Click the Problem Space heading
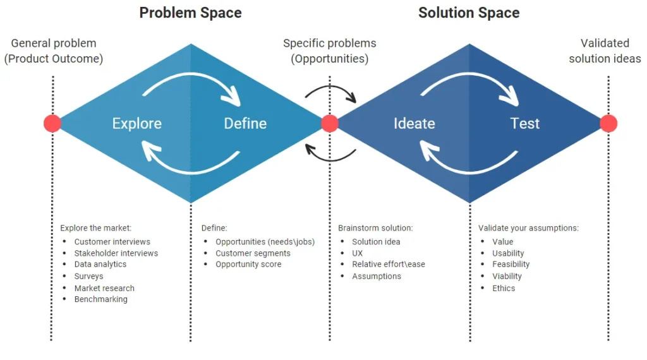[x=190, y=13]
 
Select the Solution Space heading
[x=469, y=13]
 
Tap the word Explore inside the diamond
[x=137, y=124]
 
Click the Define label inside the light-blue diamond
[x=245, y=124]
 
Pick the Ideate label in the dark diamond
[x=414, y=124]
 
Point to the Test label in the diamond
[x=525, y=124]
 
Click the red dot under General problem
[x=52, y=123]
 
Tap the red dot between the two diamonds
[x=330, y=123]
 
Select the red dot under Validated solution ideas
[x=608, y=123]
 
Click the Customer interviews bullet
[x=112, y=242]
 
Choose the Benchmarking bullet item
[x=100, y=299]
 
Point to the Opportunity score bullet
[x=248, y=265]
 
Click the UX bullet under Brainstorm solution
[x=358, y=253]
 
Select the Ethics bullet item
[x=504, y=288]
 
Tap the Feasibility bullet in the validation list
[x=511, y=265]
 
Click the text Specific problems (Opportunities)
[x=330, y=51]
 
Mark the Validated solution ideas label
[x=605, y=51]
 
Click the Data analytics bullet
[x=100, y=265]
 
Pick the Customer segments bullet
[x=253, y=253]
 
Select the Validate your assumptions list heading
[x=528, y=228]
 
